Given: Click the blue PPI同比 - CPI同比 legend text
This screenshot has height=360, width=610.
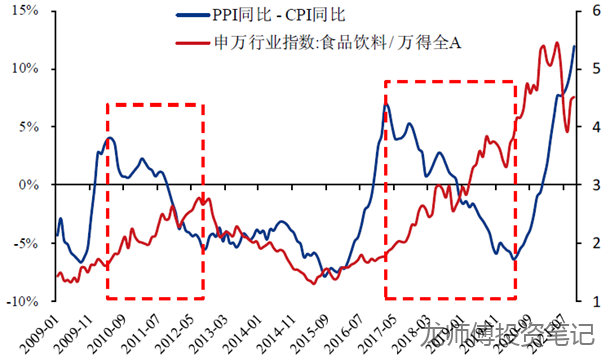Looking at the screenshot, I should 277,16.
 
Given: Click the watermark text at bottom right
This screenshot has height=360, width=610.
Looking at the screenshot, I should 510,340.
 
